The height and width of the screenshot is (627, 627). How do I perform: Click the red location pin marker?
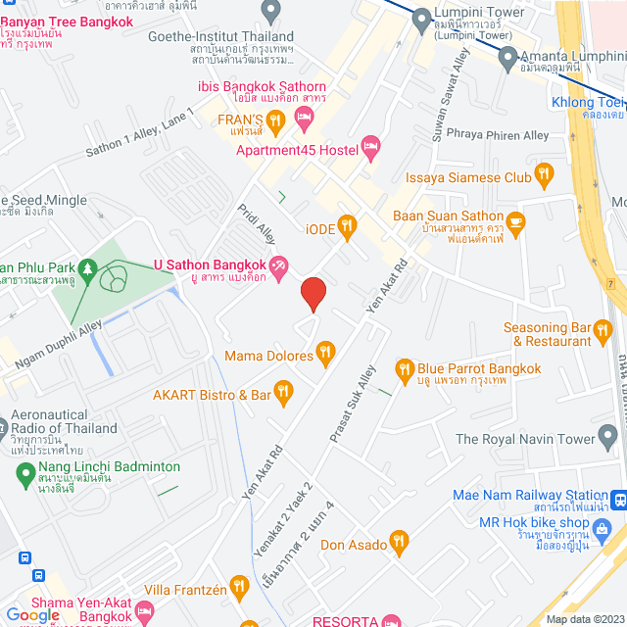(313, 294)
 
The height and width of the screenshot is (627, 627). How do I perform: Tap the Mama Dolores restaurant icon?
(326, 352)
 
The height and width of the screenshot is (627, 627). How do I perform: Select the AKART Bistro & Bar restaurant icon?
(283, 393)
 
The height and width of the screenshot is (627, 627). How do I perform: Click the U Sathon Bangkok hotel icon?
(278, 265)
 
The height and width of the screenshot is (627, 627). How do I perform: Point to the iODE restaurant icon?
(345, 225)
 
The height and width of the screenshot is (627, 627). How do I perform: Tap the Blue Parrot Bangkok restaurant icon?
(404, 369)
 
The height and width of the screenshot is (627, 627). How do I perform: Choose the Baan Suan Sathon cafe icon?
(516, 221)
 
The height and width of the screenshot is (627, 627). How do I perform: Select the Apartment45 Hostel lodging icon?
(370, 149)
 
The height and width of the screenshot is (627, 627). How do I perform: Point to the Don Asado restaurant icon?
(398, 541)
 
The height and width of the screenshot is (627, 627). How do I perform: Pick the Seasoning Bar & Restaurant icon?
(599, 335)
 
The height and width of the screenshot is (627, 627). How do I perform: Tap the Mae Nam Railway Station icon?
(618, 501)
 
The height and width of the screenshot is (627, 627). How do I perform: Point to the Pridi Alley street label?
(257, 225)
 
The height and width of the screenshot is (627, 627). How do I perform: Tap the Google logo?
(32, 614)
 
